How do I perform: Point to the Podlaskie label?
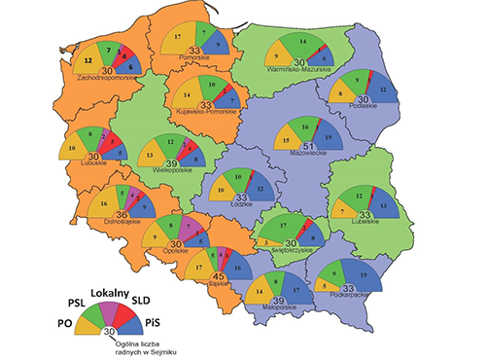(362, 107)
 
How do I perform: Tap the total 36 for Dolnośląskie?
(122, 215)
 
